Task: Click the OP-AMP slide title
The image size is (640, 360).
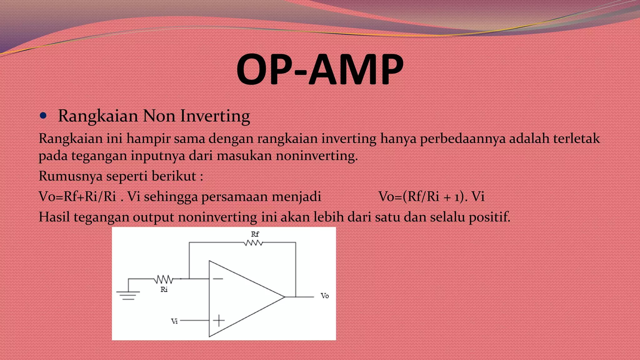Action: [320, 69]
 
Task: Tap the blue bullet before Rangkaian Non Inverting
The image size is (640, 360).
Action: [43, 116]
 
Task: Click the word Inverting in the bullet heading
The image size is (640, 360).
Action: [215, 116]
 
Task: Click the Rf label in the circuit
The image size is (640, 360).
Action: [255, 234]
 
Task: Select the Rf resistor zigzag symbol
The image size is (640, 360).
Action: [253, 243]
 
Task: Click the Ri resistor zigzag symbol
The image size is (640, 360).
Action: [163, 279]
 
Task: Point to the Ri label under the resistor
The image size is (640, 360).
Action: [164, 290]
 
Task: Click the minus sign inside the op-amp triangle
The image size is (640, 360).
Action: [218, 279]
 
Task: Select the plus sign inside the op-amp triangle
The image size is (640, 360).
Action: [219, 321]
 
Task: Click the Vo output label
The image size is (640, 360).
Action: [325, 296]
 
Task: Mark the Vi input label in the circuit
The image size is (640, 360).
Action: [174, 322]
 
